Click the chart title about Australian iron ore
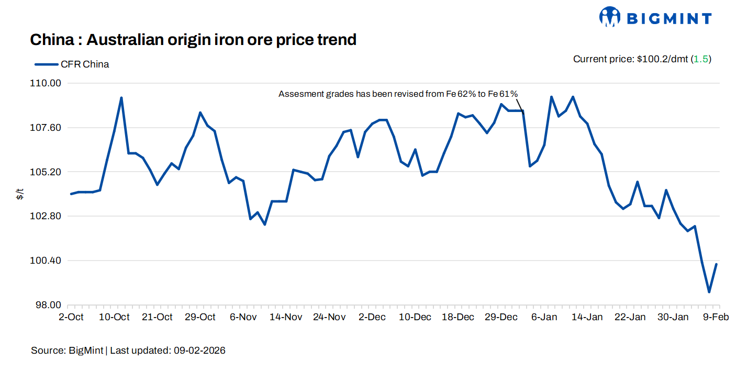[193, 39]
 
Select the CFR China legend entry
[72, 64]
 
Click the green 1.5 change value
[701, 59]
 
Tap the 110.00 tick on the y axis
[48, 83]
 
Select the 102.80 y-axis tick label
[48, 216]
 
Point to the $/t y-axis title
[20, 195]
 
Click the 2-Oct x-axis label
[71, 317]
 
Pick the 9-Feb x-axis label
[716, 317]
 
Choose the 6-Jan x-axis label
[544, 317]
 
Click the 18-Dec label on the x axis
[458, 317]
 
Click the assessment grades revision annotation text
[398, 94]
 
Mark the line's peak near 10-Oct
[121, 98]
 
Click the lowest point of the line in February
[709, 292]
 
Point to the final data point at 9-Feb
[716, 264]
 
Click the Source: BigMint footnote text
[68, 351]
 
